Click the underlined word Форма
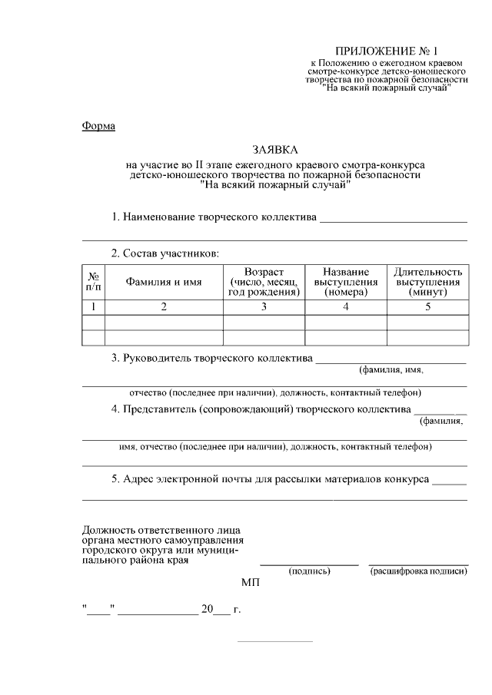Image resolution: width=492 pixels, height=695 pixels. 98,126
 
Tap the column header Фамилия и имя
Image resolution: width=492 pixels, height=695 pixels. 164,282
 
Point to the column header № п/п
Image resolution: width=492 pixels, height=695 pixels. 93,282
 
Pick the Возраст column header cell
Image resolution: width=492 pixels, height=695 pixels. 264,282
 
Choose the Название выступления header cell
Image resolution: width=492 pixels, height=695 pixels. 346,282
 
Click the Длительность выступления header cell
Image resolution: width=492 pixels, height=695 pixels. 427,282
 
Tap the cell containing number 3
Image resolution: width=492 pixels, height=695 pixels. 264,307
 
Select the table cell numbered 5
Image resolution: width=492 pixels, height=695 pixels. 427,307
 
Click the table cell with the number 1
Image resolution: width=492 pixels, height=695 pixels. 93,307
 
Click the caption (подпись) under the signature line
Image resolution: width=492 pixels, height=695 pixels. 309,571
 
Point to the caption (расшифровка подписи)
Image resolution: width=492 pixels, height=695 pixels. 418,571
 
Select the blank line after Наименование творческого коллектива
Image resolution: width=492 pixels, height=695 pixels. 394,219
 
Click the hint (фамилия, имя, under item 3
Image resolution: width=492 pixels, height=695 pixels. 391,369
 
